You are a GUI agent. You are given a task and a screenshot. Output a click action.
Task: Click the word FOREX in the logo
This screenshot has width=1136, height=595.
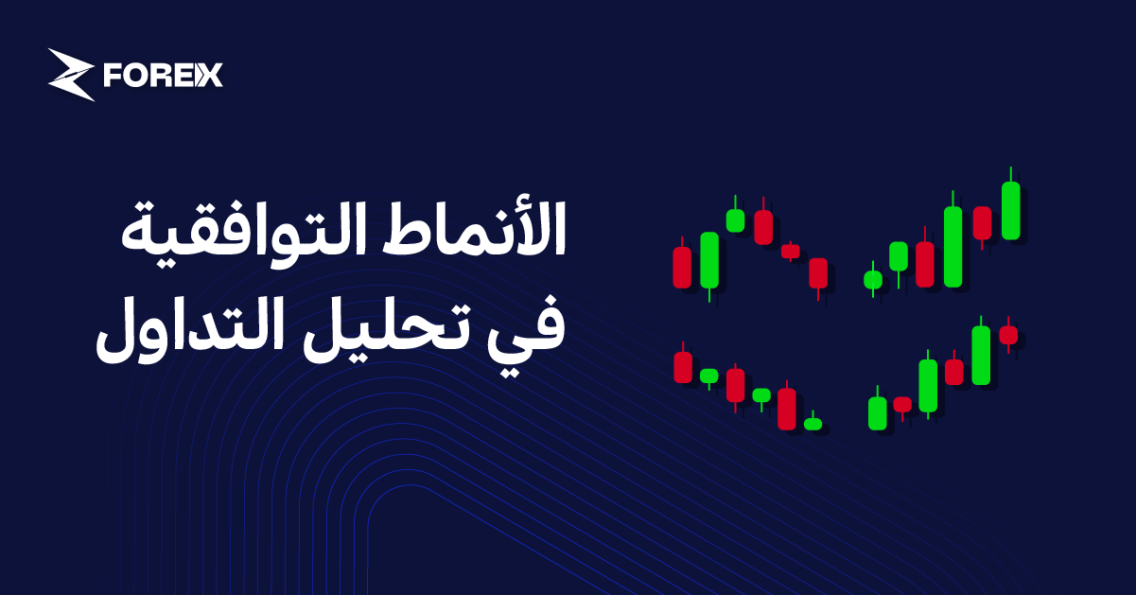tap(164, 76)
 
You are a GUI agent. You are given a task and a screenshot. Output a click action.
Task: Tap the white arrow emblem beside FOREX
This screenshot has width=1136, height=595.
tap(71, 75)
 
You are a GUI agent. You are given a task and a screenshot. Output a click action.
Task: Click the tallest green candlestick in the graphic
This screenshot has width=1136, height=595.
tap(952, 246)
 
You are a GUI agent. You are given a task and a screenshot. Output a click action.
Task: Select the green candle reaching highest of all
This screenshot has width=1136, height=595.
tap(1010, 210)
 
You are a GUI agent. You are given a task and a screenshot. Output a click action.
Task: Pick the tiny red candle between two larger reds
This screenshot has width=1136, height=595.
tap(791, 251)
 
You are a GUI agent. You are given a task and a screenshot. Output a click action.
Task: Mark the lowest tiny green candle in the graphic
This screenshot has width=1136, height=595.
tap(813, 424)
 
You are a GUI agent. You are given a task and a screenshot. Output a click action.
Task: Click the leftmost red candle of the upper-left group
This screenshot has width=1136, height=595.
tap(682, 267)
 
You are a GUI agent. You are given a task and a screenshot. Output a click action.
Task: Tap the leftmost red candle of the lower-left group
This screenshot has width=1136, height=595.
tap(682, 367)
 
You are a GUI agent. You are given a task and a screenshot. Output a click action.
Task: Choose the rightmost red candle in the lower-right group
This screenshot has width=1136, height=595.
tap(1008, 334)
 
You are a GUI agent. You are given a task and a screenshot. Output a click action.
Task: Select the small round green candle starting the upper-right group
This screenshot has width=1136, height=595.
tap(873, 279)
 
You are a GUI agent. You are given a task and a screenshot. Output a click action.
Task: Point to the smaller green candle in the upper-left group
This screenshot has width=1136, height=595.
tap(735, 219)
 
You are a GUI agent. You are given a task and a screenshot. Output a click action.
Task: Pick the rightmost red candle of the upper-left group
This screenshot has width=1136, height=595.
tap(818, 273)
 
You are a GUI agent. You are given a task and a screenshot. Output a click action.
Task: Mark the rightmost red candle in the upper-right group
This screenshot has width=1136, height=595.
tap(982, 222)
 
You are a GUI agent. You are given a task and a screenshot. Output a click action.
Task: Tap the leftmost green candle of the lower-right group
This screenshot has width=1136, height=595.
tap(878, 412)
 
